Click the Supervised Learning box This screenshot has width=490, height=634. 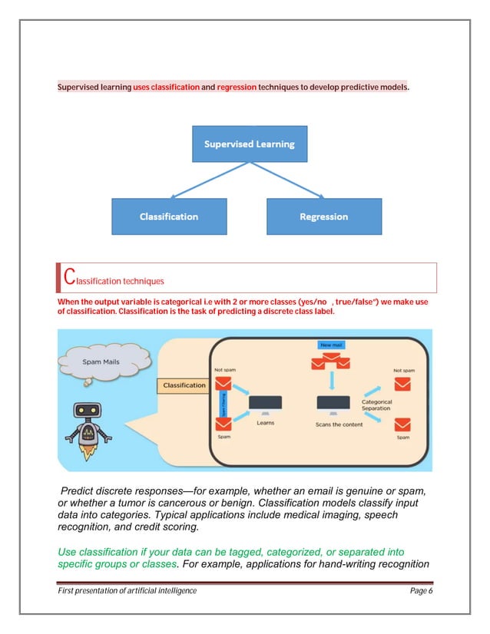(x=249, y=144)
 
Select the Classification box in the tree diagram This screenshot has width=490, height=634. (x=169, y=216)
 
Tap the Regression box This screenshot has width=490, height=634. (x=323, y=216)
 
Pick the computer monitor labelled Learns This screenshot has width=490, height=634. (x=265, y=403)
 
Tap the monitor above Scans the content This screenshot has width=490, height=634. (x=333, y=403)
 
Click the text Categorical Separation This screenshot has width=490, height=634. (x=376, y=405)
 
